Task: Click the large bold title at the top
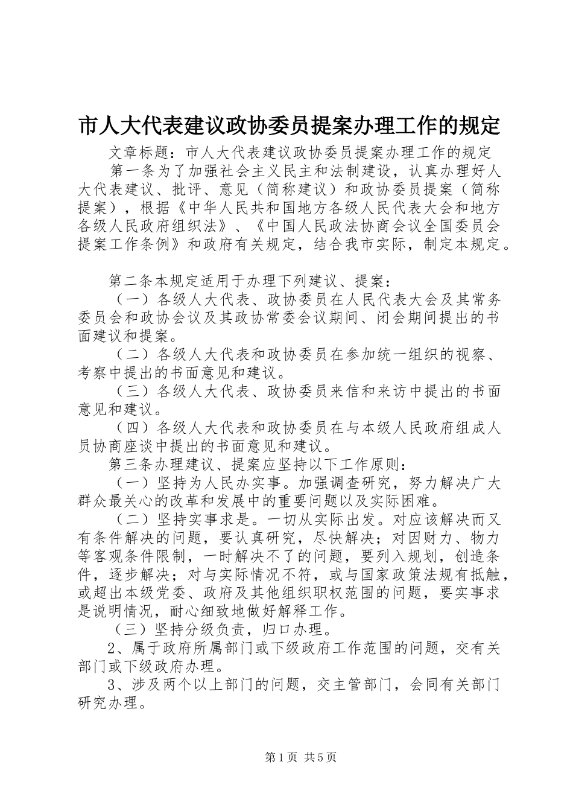(290, 125)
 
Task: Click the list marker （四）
(132, 428)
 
